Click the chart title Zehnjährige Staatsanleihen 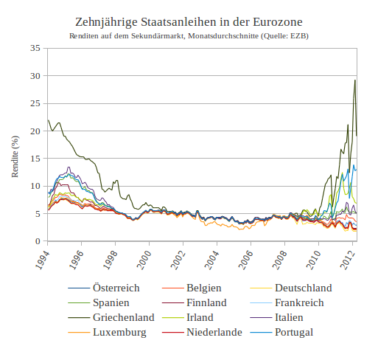pos(189,24)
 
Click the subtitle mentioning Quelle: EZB pos(189,36)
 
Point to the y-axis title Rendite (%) pos(15,156)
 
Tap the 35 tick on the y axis pos(35,49)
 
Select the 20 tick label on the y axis pos(35,131)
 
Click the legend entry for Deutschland pos(303,288)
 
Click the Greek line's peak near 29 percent pos(355,80)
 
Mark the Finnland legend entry pos(206,302)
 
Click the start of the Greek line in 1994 pos(48,120)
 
